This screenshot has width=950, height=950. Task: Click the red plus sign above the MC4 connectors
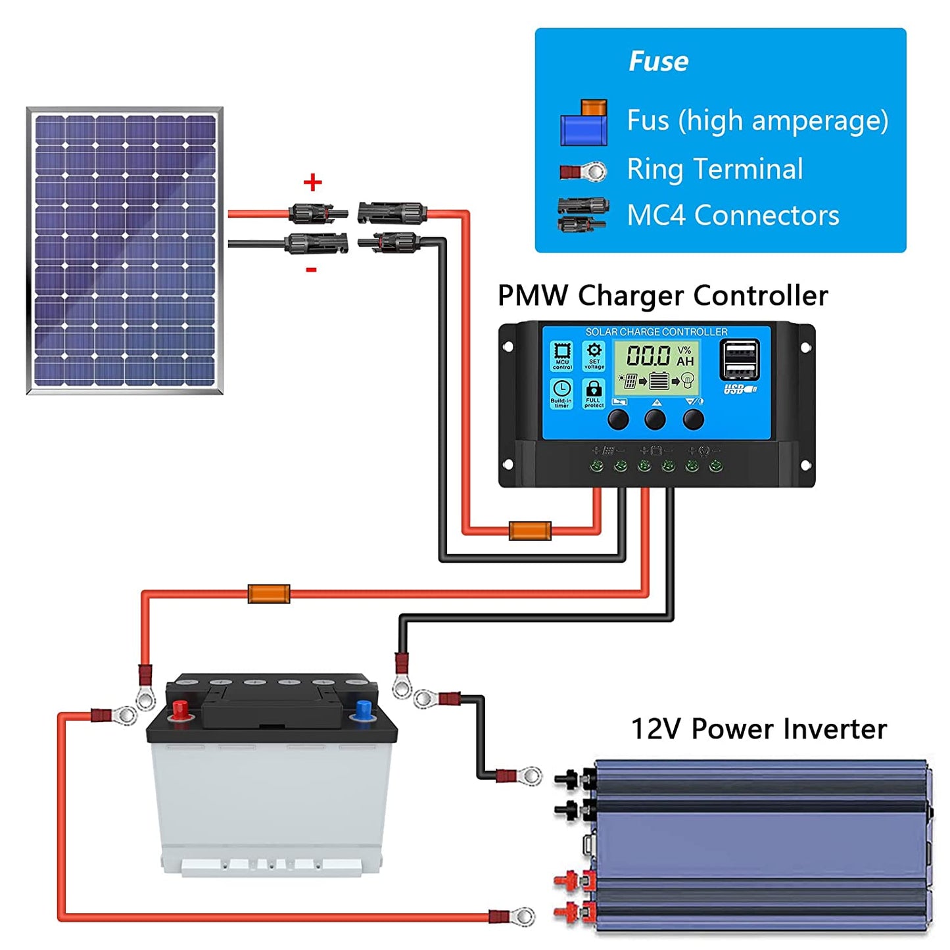tap(313, 182)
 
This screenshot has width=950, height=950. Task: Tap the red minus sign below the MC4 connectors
tap(312, 270)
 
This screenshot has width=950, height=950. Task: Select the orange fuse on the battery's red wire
tap(268, 594)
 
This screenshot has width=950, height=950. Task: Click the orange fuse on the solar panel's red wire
tap(530, 531)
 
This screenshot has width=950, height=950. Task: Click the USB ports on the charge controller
tap(740, 360)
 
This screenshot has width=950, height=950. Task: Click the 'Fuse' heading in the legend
tap(658, 61)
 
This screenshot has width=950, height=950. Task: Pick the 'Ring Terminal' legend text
tap(715, 169)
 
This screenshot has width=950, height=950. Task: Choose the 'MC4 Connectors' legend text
tap(732, 216)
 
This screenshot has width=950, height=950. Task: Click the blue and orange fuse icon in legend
tap(584, 123)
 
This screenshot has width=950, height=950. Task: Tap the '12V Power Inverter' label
tap(759, 729)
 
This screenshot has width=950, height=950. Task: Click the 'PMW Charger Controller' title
tap(662, 295)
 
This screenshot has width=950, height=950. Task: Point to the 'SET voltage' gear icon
tap(594, 355)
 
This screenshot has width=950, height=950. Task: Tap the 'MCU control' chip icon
tap(562, 355)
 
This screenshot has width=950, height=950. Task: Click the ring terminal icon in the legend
tap(583, 172)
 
